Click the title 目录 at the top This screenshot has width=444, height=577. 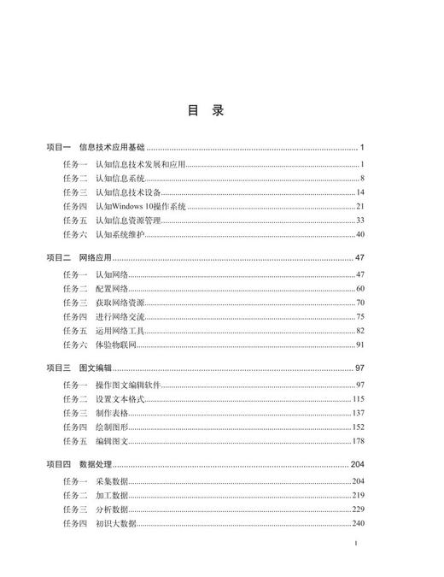pyautogui.click(x=206, y=111)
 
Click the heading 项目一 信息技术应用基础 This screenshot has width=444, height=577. pyautogui.click(x=96, y=148)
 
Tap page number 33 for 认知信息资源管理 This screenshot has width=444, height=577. pyautogui.click(x=360, y=221)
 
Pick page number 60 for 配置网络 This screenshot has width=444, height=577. pyautogui.click(x=360, y=289)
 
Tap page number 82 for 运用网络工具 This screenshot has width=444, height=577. pyautogui.click(x=360, y=331)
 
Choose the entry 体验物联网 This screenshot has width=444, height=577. pyautogui.click(x=116, y=344)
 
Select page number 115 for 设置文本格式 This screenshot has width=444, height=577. pyautogui.click(x=359, y=399)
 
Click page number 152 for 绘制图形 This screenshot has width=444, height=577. pyautogui.click(x=359, y=427)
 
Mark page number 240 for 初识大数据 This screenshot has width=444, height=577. pyautogui.click(x=359, y=523)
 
